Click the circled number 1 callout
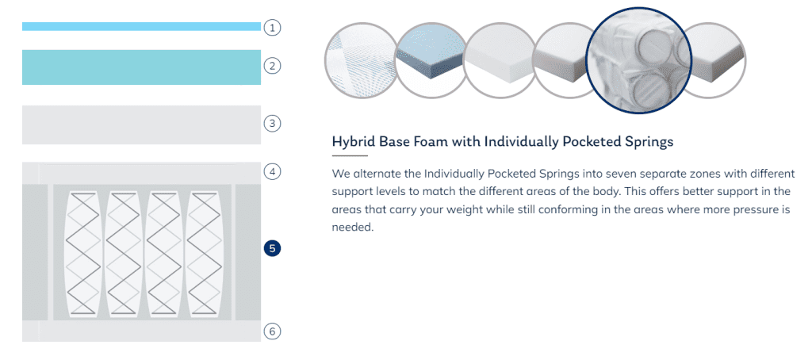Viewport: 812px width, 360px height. [x=272, y=27]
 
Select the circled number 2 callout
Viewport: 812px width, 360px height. [x=272, y=66]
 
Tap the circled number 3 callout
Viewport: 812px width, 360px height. [x=272, y=123]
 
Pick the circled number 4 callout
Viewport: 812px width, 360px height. [x=272, y=171]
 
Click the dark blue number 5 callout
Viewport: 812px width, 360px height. [x=272, y=249]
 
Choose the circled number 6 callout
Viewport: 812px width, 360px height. [x=272, y=331]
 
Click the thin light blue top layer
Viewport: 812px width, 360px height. [x=141, y=26]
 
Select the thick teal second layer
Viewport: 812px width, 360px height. [x=141, y=67]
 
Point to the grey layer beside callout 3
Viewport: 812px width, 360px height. [x=141, y=124]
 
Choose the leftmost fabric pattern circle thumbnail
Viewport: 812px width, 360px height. [x=360, y=60]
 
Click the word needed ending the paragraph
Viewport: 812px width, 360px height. [x=352, y=228]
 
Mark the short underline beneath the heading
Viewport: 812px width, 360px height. [x=350, y=155]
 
